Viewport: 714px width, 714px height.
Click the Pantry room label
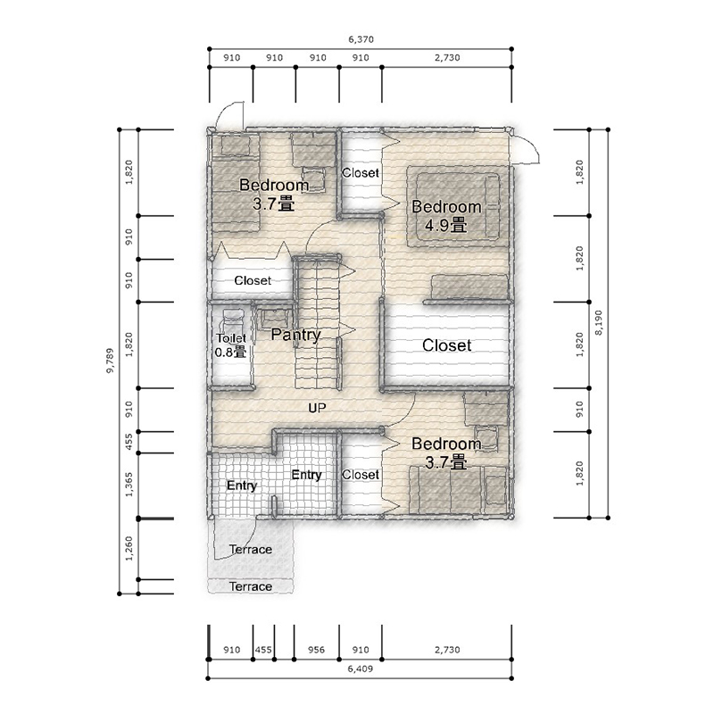(296, 335)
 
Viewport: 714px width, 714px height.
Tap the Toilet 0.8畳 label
(231, 345)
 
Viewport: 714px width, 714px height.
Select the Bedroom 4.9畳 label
(446, 216)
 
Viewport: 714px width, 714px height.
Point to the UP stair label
(317, 408)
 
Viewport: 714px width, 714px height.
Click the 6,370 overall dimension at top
(361, 39)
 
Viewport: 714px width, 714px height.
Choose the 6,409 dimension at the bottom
(361, 668)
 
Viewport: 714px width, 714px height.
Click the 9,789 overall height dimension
(110, 361)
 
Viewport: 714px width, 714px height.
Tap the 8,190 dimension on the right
(598, 323)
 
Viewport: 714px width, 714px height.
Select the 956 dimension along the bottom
(316, 650)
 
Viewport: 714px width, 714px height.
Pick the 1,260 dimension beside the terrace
(129, 548)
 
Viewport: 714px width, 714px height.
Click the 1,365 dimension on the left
(129, 485)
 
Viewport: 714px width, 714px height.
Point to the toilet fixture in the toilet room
(232, 321)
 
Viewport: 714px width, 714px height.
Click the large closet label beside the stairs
(447, 345)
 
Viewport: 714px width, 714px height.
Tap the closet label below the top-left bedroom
(253, 280)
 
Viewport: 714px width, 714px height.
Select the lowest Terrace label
(251, 586)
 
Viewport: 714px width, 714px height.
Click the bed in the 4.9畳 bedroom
(458, 206)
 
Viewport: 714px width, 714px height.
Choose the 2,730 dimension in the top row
(447, 58)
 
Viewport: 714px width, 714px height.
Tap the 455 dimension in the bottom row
(263, 650)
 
